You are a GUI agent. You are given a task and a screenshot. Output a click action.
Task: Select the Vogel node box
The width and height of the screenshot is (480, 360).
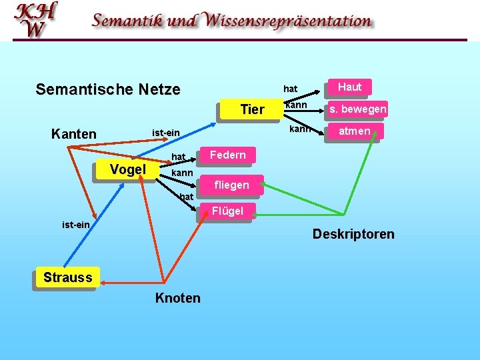pyautogui.click(x=127, y=169)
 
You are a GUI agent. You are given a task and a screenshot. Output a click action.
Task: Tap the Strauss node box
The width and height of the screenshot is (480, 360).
pyautogui.click(x=67, y=277)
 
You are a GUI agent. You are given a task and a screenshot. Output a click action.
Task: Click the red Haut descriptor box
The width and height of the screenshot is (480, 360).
pyautogui.click(x=349, y=87)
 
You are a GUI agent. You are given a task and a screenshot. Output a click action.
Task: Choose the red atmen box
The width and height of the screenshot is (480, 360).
pyautogui.click(x=354, y=131)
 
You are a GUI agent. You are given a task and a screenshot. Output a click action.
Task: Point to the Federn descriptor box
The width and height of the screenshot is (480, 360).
pyautogui.click(x=228, y=155)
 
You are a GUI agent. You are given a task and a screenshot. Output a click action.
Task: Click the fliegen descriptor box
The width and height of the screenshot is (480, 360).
pyautogui.click(x=231, y=185)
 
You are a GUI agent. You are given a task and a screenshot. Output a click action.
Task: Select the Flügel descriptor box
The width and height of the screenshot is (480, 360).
pyautogui.click(x=227, y=211)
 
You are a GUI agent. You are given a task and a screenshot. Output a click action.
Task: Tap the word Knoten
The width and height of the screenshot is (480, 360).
pyautogui.click(x=177, y=298)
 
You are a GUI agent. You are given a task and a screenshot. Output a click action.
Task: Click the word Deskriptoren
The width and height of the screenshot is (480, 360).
pyautogui.click(x=353, y=234)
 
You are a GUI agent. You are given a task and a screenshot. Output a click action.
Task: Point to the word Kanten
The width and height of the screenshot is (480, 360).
pyautogui.click(x=73, y=134)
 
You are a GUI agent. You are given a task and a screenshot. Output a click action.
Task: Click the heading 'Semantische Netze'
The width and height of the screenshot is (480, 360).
pyautogui.click(x=107, y=89)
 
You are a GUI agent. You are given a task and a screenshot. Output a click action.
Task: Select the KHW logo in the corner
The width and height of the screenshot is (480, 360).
pyautogui.click(x=36, y=20)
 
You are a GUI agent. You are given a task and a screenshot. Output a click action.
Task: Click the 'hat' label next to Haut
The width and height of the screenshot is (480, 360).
pyautogui.click(x=290, y=89)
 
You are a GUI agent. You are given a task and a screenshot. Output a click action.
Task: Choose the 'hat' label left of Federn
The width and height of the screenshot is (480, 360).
pyautogui.click(x=179, y=157)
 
